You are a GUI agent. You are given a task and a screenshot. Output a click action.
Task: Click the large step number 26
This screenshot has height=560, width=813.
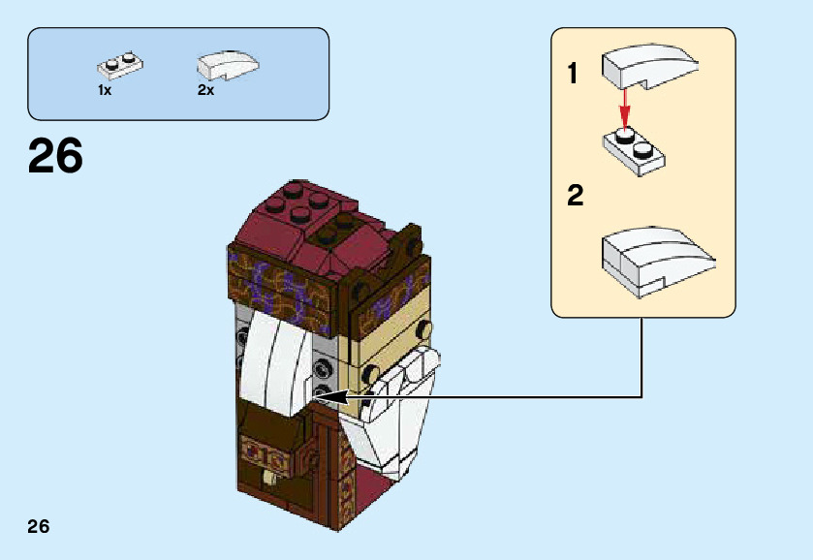click(x=55, y=156)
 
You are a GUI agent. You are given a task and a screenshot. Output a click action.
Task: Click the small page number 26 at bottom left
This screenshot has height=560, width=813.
click(x=39, y=527)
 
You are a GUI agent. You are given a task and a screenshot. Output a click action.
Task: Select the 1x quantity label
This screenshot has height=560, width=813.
click(x=105, y=90)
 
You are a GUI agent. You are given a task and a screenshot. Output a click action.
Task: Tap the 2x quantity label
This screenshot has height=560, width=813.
click(x=205, y=90)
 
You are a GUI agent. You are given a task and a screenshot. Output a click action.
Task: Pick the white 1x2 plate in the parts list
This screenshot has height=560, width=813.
click(x=120, y=66)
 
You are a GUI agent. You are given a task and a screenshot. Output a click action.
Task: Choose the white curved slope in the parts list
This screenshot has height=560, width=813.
click(x=228, y=65)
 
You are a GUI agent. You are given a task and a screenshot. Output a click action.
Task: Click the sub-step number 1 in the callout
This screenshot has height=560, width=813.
click(x=573, y=73)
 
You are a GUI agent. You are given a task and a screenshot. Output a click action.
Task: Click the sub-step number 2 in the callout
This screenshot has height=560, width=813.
click(x=575, y=196)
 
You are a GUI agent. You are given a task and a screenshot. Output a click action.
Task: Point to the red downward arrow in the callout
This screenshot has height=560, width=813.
click(x=625, y=109)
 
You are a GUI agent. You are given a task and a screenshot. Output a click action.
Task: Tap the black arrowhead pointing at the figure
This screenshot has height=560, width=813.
click(x=330, y=397)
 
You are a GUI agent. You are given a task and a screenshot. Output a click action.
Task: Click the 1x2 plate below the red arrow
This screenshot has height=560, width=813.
click(x=634, y=150)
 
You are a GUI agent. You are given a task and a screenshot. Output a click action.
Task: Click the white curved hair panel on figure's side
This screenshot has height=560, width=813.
click(x=275, y=363)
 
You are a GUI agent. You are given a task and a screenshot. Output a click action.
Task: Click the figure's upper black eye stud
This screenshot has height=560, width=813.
click(x=424, y=327)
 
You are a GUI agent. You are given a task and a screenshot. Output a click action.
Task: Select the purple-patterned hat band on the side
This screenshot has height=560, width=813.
click(x=280, y=287)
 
